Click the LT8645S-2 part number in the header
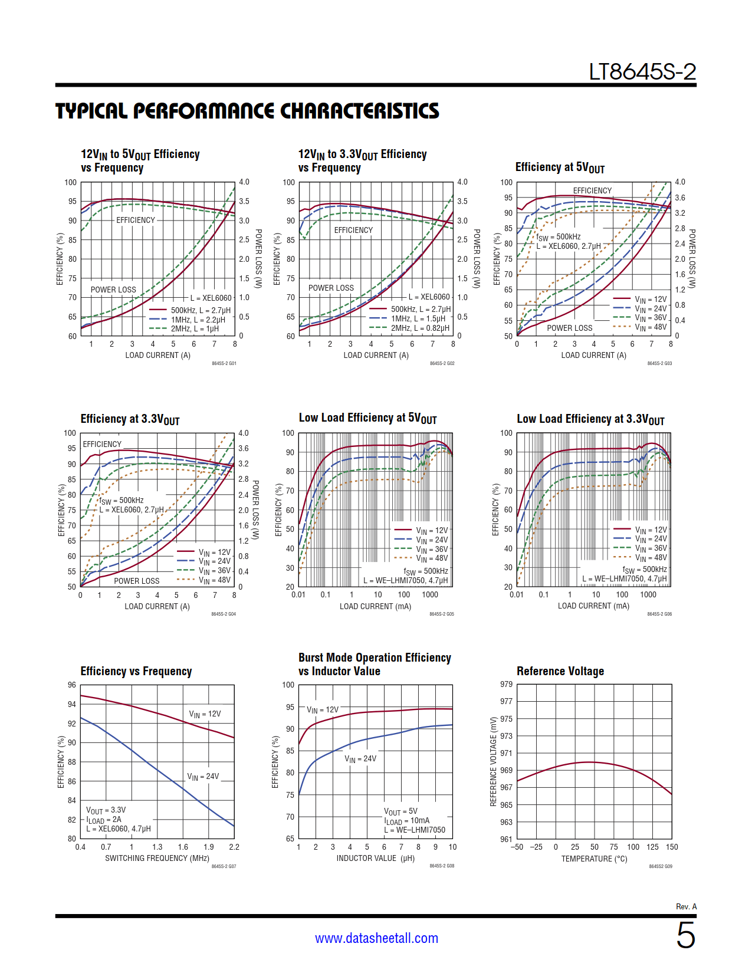tap(642, 72)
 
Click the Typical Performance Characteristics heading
tap(247, 111)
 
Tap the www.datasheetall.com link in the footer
tap(376, 938)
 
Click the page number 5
tap(685, 935)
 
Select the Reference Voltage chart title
tap(560, 671)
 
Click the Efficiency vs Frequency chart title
tap(136, 671)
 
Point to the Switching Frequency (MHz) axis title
tap(157, 858)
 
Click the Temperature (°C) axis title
tap(594, 859)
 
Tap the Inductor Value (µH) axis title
tap(375, 858)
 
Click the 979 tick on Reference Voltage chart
tap(506, 684)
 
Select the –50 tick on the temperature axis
tap(517, 847)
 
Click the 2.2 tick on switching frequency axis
tap(234, 847)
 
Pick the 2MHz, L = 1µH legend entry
tap(195, 328)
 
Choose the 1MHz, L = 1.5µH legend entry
tap(418, 318)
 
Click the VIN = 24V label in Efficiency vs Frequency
tap(203, 777)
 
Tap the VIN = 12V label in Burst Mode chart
tap(323, 710)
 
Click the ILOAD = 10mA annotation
tap(407, 821)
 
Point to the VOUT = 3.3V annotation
tap(106, 810)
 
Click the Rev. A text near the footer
tap(686, 906)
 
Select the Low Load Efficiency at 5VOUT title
tap(367, 418)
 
